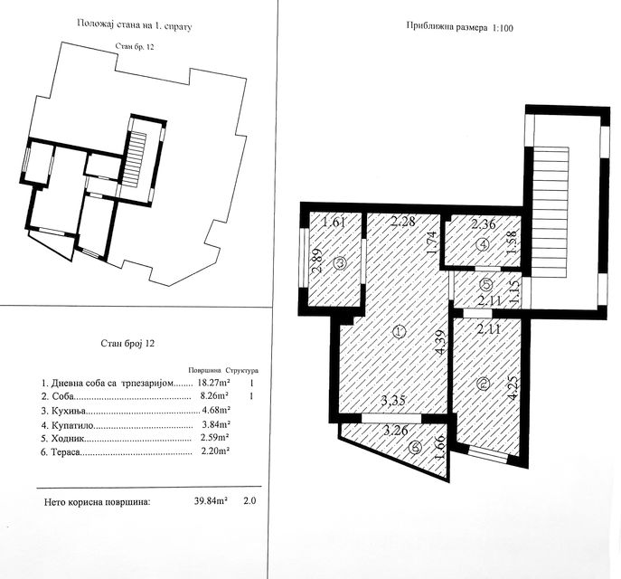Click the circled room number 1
coord(399,333)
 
